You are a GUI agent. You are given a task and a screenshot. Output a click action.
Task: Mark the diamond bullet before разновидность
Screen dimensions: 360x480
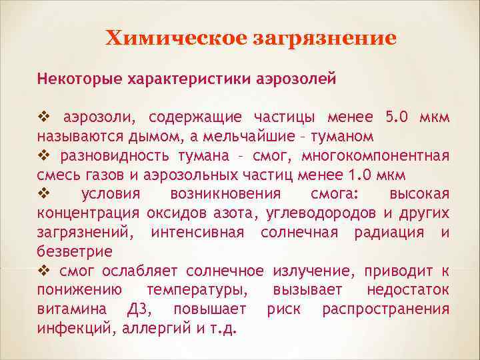(45, 156)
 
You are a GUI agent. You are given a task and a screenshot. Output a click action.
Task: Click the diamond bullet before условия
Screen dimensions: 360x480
(45, 194)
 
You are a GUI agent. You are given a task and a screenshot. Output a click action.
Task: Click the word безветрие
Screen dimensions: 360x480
(75, 252)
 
